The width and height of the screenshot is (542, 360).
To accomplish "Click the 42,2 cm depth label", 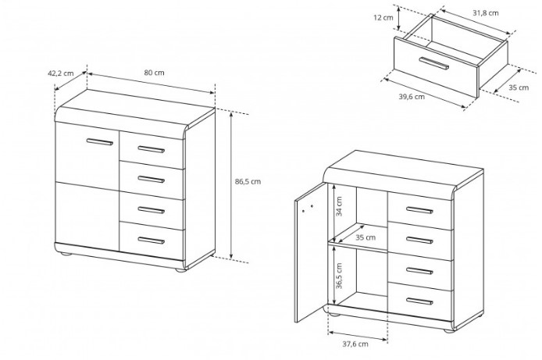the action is click(60, 73).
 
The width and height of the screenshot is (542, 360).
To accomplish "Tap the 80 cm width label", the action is click(154, 73).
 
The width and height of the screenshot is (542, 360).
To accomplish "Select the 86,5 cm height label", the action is click(248, 182).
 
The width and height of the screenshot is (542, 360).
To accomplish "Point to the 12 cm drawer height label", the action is click(383, 17).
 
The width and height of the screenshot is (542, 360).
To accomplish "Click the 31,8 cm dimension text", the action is click(486, 13).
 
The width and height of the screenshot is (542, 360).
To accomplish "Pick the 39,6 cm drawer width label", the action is click(412, 97).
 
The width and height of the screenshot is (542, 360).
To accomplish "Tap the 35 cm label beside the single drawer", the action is click(519, 87).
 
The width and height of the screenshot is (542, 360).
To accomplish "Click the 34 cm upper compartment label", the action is click(339, 206).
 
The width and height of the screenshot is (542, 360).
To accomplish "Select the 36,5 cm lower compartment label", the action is click(339, 276).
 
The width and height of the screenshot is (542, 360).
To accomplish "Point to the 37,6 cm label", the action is click(355, 344).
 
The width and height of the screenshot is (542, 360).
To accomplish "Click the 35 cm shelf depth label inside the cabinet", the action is click(365, 237).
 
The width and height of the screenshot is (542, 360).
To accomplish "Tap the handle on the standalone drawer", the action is click(433, 63).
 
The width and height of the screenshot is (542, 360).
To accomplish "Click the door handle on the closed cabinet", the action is click(100, 141).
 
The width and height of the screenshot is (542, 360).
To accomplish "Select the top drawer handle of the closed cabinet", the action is click(151, 149).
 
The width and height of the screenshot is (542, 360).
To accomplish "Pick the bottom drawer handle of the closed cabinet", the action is click(151, 241).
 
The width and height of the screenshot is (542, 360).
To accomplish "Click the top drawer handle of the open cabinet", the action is click(419, 210).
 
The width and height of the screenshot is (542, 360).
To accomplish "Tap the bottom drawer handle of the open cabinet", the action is click(419, 301).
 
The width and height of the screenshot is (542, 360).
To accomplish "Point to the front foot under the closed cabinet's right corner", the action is click(180, 270).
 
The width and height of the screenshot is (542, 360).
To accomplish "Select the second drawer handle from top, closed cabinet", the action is click(151, 180).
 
